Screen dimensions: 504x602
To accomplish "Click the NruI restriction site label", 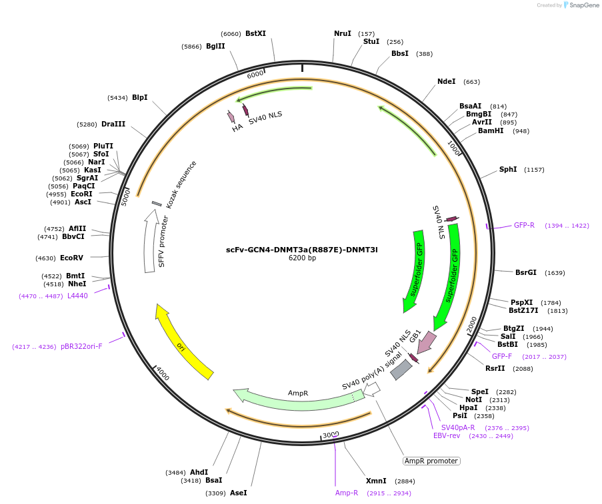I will click(342, 33).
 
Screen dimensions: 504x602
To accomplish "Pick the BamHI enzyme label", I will click(491, 130).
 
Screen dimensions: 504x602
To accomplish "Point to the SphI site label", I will click(508, 169).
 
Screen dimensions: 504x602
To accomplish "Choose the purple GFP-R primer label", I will click(524, 225).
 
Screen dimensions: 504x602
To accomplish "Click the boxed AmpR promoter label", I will click(431, 461).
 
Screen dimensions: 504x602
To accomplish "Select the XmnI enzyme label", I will click(376, 481).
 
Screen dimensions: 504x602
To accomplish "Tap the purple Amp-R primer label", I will click(347, 493).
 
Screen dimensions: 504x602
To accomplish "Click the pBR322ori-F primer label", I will click(81, 346).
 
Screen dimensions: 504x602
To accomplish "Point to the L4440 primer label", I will click(77, 296).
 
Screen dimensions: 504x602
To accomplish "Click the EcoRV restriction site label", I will click(71, 258).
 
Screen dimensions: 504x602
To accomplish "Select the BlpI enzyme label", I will click(139, 97).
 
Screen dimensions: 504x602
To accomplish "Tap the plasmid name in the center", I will click(301, 250).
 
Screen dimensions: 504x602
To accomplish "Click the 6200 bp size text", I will click(302, 258).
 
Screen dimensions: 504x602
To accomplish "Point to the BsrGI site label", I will click(525, 272).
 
